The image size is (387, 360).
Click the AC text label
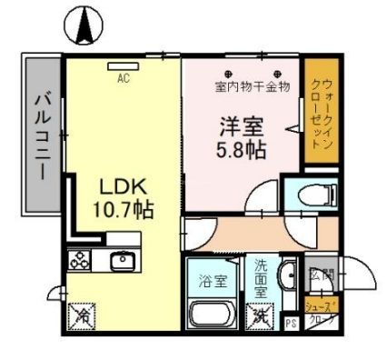point(123,77)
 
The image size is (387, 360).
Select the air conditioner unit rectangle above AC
point(123,65)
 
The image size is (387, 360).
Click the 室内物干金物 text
point(252,87)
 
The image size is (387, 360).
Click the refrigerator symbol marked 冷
point(82,317)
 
